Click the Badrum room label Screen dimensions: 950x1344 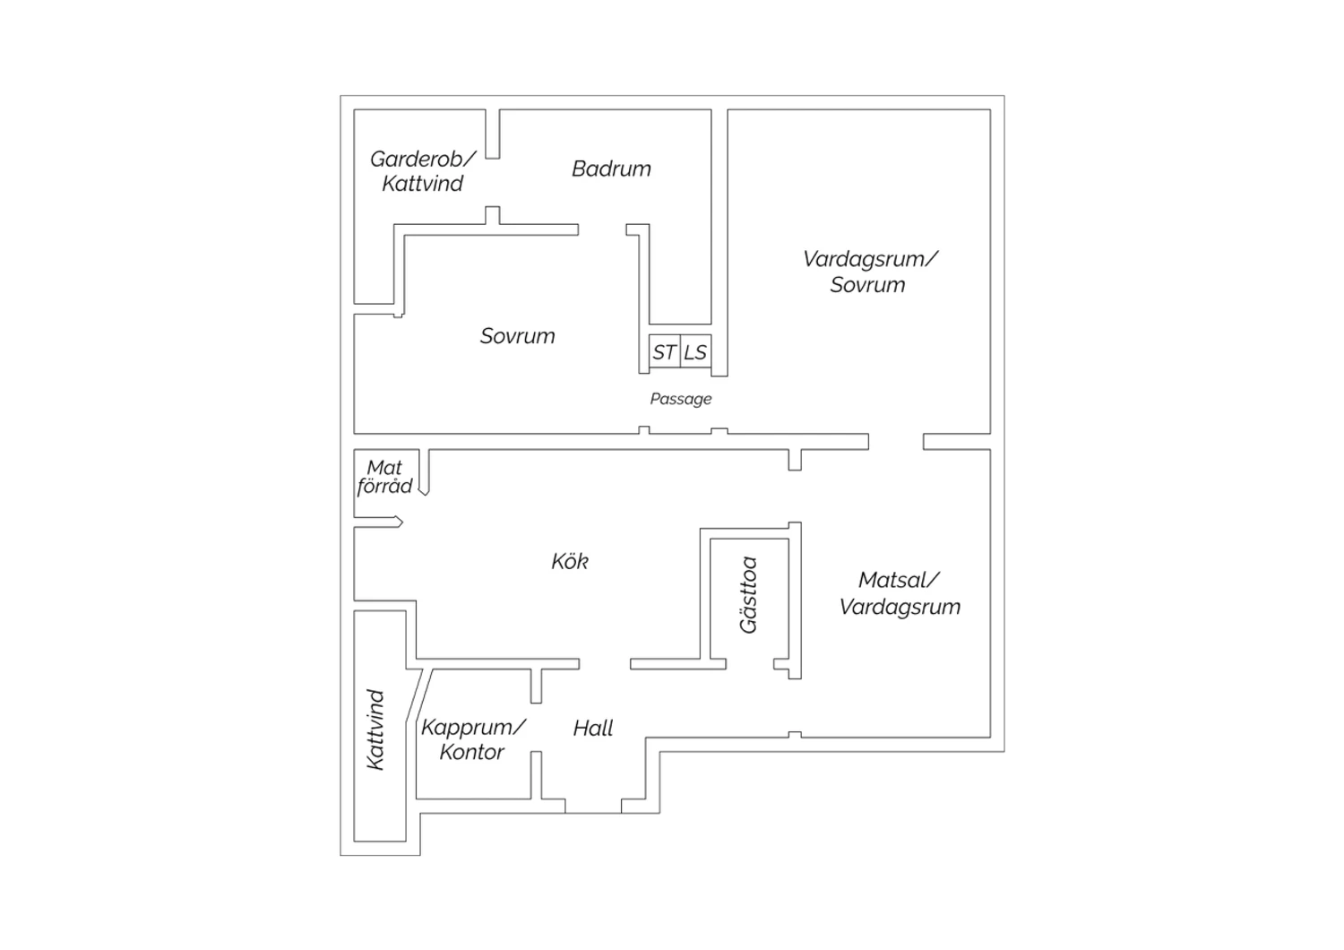click(611, 168)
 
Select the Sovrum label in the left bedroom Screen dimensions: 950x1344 click(517, 336)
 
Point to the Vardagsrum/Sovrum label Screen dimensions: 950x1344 click(869, 272)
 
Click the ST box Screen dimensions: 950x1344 click(664, 352)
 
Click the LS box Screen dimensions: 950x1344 click(695, 352)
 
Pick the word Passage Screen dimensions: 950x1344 click(681, 399)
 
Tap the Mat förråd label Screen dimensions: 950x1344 click(385, 477)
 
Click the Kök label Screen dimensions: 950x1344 click(570, 562)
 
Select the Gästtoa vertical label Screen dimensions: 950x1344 click(749, 595)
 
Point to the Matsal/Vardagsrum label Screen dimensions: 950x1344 click(900, 593)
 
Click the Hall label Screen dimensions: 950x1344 click(593, 729)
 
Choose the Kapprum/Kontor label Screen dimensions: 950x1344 click(473, 739)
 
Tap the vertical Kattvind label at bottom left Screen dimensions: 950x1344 click(375, 729)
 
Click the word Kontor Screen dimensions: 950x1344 click(472, 752)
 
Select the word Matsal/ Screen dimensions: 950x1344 click(899, 581)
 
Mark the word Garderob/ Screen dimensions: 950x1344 click(422, 160)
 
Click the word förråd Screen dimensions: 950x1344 click(385, 487)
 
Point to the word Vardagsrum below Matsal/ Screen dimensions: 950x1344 click(900, 607)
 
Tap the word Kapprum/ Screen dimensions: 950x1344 click(474, 727)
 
